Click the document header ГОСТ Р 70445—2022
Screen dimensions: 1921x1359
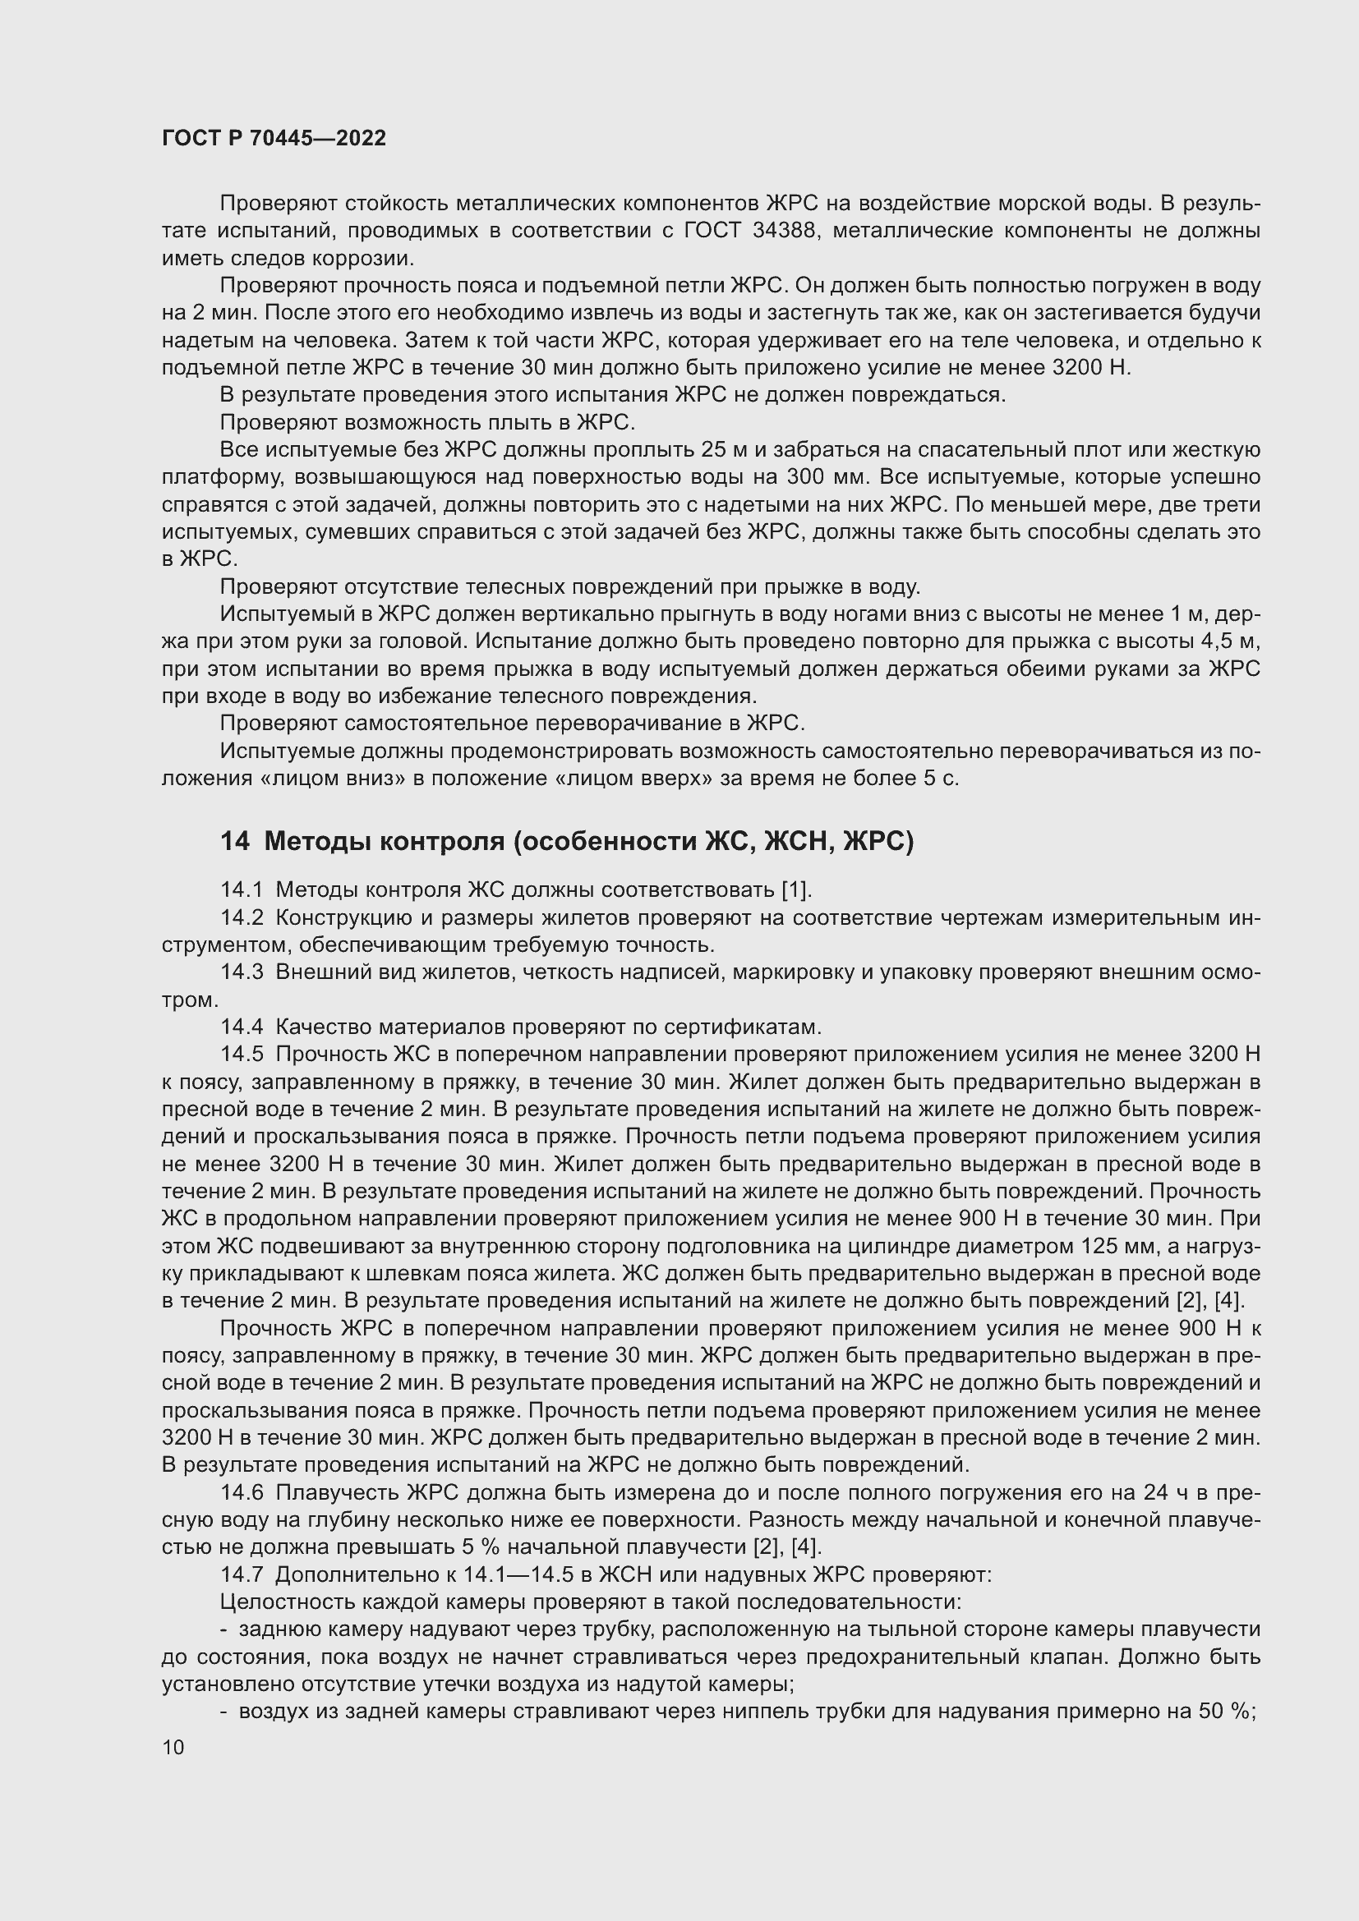[x=274, y=139]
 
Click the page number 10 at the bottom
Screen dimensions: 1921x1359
[x=173, y=1748]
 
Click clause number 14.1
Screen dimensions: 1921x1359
[x=242, y=889]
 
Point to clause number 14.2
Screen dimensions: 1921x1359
[x=242, y=918]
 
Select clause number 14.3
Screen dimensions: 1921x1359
[x=242, y=972]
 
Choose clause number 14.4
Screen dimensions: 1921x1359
[x=242, y=1027]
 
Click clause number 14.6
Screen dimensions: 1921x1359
[x=242, y=1492]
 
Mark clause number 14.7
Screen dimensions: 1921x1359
[x=242, y=1574]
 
